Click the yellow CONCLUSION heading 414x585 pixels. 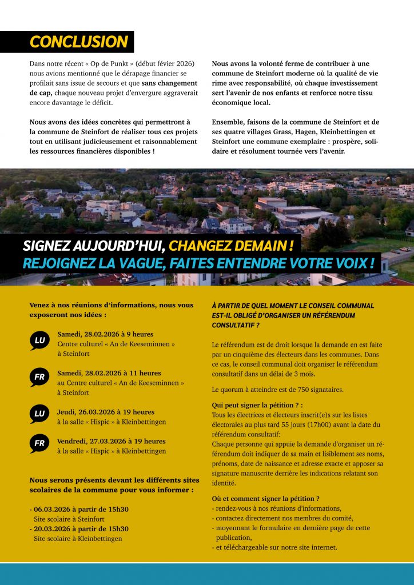(78, 42)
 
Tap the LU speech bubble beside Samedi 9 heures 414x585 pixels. (39, 341)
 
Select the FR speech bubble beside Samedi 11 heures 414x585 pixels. (39, 378)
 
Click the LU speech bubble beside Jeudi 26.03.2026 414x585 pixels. (39, 414)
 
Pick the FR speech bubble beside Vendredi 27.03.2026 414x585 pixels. (39, 443)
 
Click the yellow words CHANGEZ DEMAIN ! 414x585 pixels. (232, 246)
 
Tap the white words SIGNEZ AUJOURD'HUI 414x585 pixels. (94, 246)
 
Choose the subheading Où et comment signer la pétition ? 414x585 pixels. (265, 498)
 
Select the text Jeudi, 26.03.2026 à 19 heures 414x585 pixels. (106, 412)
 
